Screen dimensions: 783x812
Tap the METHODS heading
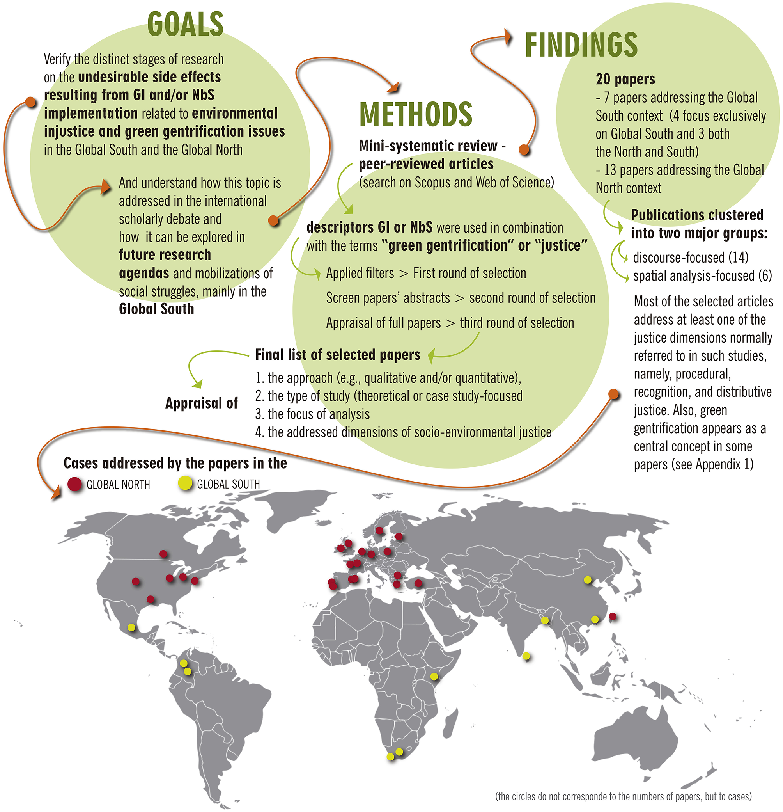tap(416, 114)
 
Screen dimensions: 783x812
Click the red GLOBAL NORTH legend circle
tap(75, 484)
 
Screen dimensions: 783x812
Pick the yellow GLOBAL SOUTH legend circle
tap(185, 483)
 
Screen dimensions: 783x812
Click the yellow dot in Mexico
tap(131, 627)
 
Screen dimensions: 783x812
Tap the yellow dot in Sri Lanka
tap(526, 656)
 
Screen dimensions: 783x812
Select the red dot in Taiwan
tap(613, 616)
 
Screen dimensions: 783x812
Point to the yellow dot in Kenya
tap(434, 677)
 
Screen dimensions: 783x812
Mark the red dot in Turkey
tap(418, 583)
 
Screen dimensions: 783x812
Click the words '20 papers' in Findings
tap(625, 79)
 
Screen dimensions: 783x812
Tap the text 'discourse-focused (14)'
tap(690, 257)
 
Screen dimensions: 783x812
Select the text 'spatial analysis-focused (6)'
tap(702, 275)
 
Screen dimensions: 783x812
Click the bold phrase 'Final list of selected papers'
tap(337, 355)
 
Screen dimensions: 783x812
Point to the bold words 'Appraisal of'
tap(201, 403)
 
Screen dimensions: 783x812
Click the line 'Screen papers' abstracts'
tap(388, 298)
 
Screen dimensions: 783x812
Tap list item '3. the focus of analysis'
tap(313, 414)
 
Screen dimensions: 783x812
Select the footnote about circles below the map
tap(623, 796)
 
